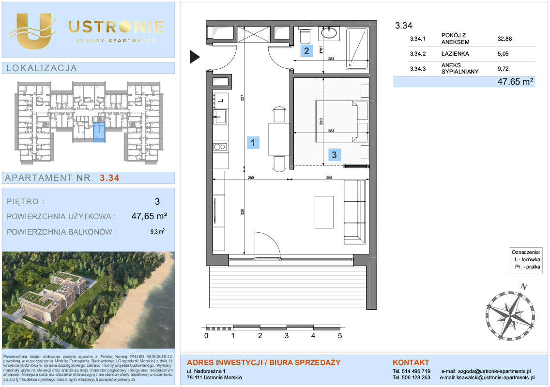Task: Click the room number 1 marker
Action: tap(253, 143)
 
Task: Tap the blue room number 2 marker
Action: tap(306, 51)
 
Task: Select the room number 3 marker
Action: tap(334, 155)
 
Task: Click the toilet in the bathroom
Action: tap(305, 35)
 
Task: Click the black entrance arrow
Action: tap(195, 57)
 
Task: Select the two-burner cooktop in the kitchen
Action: tap(220, 147)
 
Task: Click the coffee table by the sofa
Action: tap(324, 212)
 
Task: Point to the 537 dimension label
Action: tap(242, 98)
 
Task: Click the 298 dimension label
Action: tap(329, 178)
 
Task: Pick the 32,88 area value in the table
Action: tap(504, 39)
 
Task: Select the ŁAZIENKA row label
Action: tap(455, 54)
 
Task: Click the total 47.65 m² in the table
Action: tap(516, 82)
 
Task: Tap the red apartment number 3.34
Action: tap(109, 178)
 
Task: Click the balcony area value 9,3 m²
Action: tap(157, 231)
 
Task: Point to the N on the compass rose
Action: tap(524, 286)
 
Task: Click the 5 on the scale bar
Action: tap(340, 336)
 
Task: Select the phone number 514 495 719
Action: tap(416, 371)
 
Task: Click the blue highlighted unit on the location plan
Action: tap(99, 132)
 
